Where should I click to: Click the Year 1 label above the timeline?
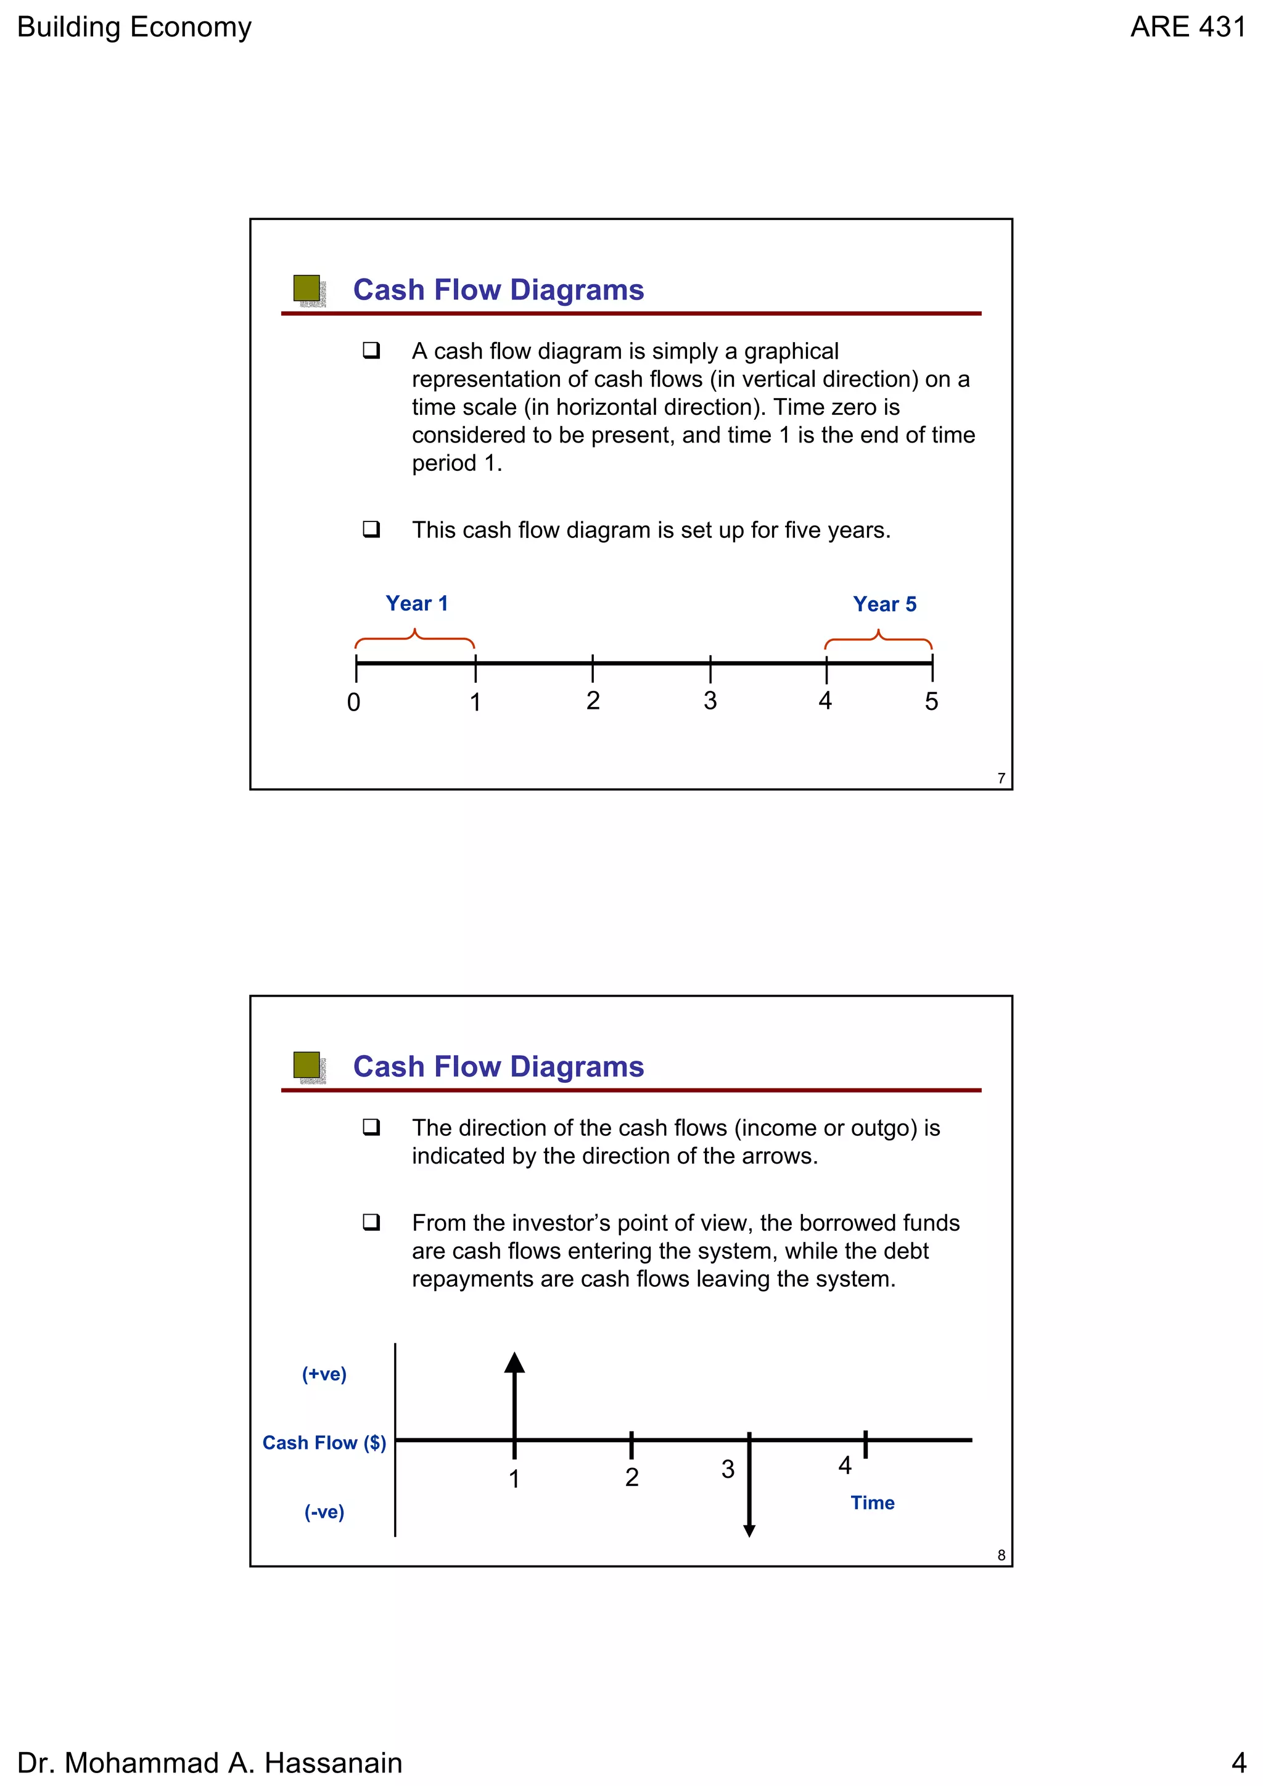coord(416,603)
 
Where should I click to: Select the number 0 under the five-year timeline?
coord(353,703)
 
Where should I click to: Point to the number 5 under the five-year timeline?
coord(931,701)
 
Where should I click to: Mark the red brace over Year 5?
coord(879,640)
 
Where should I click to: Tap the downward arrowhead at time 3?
coord(749,1531)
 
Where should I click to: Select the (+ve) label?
coord(324,1374)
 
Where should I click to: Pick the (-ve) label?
coord(324,1512)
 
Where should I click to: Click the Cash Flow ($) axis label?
coord(324,1443)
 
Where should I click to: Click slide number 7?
coord(1001,778)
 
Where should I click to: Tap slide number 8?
coord(1001,1556)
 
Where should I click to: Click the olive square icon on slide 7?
coord(306,288)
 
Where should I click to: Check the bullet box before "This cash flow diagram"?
coord(371,530)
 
